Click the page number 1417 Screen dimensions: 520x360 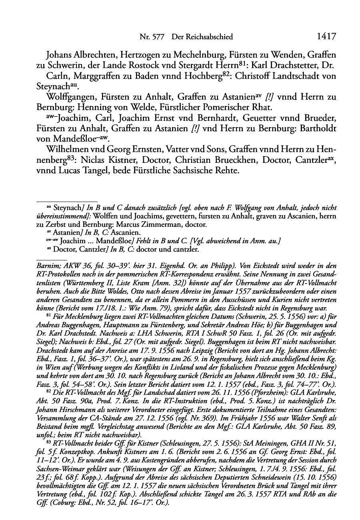(x=326, y=37)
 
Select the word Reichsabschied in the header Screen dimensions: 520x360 (x=202, y=37)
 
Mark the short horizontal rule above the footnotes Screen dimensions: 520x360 (x=67, y=202)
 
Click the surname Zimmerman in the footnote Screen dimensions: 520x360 (x=160, y=225)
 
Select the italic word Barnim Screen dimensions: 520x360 (x=47, y=266)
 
